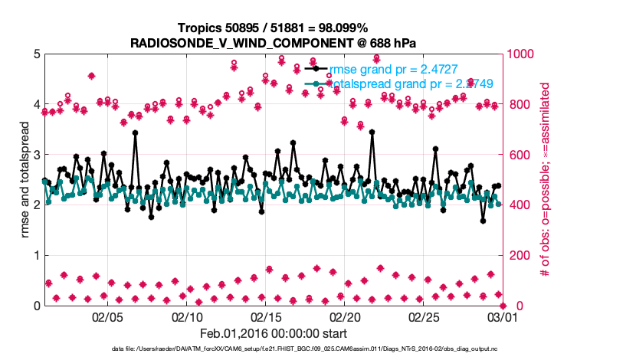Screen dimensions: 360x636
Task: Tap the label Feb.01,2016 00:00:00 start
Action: [273, 333]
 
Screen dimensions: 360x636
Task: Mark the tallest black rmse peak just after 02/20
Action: [372, 132]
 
